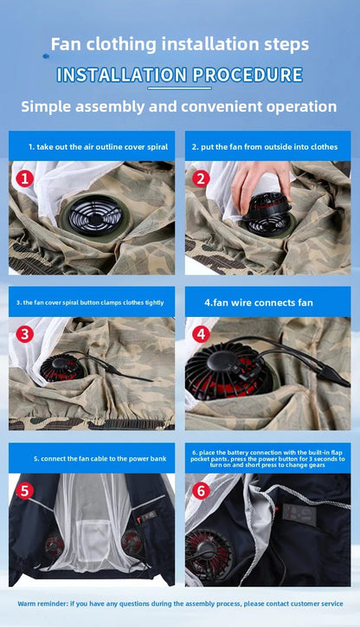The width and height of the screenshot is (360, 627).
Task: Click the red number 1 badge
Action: point(25,178)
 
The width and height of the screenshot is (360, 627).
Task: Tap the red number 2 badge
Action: point(201,178)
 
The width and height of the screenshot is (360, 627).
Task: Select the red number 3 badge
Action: point(25,333)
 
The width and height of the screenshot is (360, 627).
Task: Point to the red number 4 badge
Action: point(201,333)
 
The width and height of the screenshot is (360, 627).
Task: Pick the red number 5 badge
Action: point(25,490)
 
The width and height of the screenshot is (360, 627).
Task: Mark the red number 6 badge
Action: point(201,490)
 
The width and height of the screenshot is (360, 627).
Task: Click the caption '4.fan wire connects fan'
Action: point(246,302)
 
